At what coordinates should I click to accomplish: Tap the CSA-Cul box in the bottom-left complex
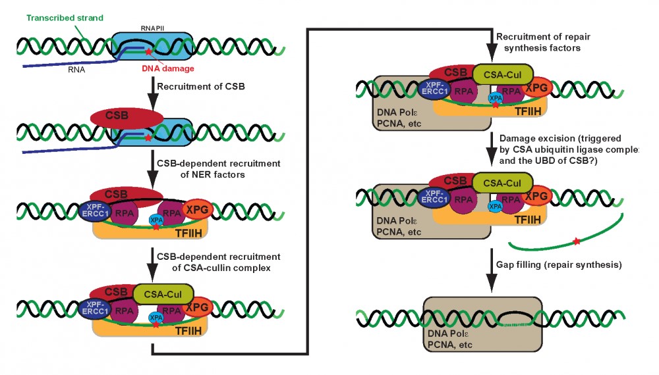[x=164, y=291]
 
